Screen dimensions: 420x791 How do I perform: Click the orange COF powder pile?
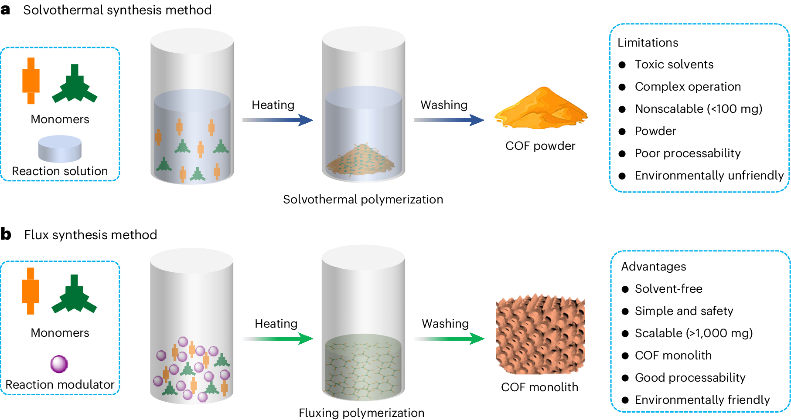coord(541,109)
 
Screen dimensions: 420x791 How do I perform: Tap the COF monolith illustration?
coord(540,334)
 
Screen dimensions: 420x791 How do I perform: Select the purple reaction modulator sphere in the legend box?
coord(59,364)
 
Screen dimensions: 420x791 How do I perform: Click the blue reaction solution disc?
coord(60,149)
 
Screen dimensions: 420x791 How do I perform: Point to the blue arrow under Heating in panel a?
coord(278,120)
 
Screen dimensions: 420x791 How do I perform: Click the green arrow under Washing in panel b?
coord(449,339)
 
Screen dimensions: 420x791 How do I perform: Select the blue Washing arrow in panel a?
coord(449,120)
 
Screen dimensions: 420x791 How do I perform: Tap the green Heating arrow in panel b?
coord(278,339)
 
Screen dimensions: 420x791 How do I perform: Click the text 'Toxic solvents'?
coord(674,64)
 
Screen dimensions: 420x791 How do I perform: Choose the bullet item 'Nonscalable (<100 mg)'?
coord(699,109)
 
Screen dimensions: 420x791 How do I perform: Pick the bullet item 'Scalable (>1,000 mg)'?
coord(694,333)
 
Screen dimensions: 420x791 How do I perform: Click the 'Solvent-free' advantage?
coord(668,289)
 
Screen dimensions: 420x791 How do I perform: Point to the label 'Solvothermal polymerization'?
coord(363,200)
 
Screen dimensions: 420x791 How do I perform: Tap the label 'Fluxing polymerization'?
coord(361,413)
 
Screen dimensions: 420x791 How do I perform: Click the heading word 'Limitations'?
coord(648,43)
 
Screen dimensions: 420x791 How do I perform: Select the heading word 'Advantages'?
coord(654,267)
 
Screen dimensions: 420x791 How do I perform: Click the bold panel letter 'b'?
coord(6,234)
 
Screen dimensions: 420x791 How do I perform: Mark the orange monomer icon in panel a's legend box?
coord(31,81)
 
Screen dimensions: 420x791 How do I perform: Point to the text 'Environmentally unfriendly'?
coord(709,176)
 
